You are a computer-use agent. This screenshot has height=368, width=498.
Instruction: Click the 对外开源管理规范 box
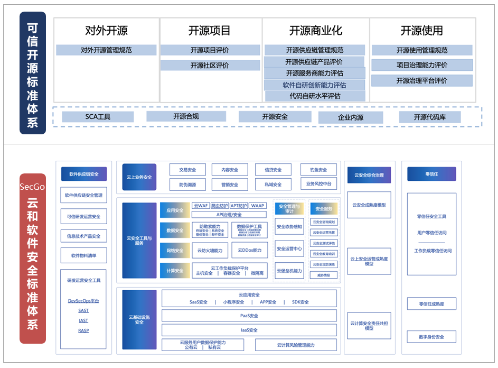click(106, 50)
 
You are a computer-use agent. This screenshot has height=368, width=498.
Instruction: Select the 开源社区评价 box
click(210, 66)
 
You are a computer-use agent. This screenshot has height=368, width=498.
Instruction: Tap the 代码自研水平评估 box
click(315, 96)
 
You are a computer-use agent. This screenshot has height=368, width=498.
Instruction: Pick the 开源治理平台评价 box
click(421, 80)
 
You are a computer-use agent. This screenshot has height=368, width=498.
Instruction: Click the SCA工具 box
click(98, 117)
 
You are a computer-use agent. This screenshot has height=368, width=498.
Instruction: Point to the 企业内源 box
click(350, 117)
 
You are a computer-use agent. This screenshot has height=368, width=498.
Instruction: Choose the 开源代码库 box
click(429, 117)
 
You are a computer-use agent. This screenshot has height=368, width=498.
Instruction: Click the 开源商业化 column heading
click(315, 31)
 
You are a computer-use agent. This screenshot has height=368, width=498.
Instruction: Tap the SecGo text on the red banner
click(32, 187)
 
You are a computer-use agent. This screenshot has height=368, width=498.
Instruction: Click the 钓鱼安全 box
click(318, 170)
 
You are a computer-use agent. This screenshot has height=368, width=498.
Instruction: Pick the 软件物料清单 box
click(83, 256)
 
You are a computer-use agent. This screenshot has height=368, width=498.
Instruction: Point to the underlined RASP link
click(83, 331)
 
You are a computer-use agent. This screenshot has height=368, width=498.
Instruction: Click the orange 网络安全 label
click(175, 251)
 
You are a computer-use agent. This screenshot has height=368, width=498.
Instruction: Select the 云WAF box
click(201, 206)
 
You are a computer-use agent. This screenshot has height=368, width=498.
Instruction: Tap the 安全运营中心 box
click(289, 249)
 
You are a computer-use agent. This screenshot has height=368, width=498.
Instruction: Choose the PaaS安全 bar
click(249, 316)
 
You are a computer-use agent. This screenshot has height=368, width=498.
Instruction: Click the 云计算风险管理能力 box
click(295, 345)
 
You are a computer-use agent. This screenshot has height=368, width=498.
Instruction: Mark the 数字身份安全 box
click(431, 337)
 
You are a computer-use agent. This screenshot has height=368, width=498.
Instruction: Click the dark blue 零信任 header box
click(431, 174)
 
